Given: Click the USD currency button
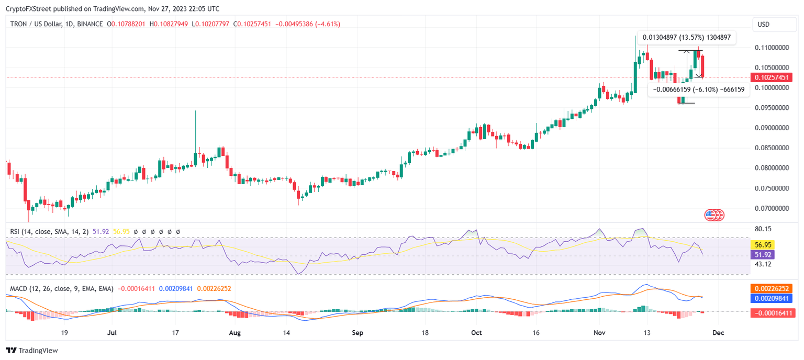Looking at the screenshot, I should coord(772,25).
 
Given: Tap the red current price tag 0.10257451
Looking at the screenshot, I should coord(771,77).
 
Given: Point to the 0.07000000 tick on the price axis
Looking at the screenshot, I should coord(772,208).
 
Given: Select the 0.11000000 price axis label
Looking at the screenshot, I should coord(772,48).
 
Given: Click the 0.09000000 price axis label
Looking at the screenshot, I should coord(772,128).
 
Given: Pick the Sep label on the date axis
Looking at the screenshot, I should coord(358,332).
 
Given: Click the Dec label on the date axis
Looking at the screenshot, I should coord(718,332).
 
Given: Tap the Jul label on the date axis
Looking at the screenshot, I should coord(111,332).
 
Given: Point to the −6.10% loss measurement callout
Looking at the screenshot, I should coord(698,89).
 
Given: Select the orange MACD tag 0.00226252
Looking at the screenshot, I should coord(771,288).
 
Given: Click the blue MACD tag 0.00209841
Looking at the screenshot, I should coord(771,298).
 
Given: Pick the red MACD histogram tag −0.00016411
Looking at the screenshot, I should coord(771,313).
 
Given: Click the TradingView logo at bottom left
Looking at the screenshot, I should coord(32,351).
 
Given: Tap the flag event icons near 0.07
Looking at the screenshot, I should coord(714,215).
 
